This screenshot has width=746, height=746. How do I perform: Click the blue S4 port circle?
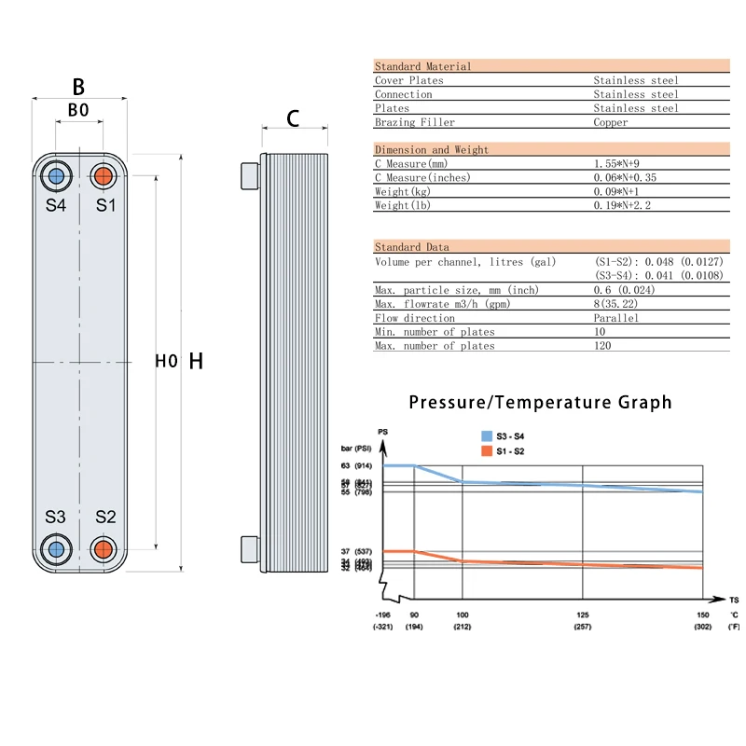click(56, 175)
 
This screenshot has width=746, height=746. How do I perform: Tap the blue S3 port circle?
click(56, 548)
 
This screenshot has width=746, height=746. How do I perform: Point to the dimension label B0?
click(79, 110)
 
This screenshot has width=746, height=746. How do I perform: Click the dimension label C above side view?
click(293, 118)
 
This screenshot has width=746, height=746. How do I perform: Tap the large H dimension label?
click(196, 361)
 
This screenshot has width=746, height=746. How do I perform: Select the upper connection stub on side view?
click(249, 175)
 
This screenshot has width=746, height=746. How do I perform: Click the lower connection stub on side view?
click(249, 548)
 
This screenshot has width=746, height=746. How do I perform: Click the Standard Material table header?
click(423, 66)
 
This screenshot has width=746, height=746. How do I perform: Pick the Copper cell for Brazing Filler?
click(611, 122)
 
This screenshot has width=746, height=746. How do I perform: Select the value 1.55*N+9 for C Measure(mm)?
click(624, 163)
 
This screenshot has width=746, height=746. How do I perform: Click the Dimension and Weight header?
click(432, 149)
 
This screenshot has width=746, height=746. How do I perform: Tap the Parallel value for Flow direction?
click(616, 318)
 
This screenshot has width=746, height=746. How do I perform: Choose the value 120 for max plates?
click(603, 346)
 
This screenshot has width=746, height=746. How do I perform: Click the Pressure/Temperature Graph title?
click(540, 402)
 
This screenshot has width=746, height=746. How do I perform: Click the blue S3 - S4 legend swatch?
click(486, 436)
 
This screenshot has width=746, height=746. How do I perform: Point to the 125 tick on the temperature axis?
click(584, 615)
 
